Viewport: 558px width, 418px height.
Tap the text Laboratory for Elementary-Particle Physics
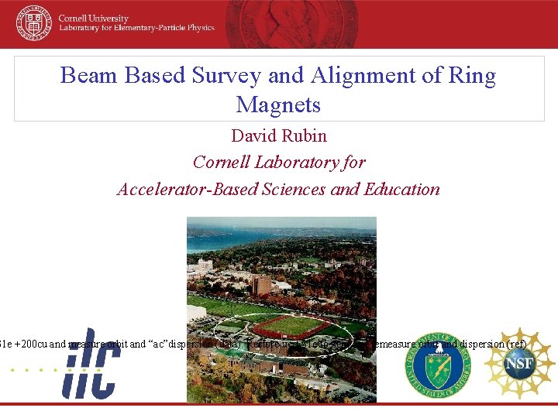click(x=136, y=29)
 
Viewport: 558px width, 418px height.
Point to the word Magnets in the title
click(x=278, y=104)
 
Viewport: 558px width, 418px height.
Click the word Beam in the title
click(x=86, y=76)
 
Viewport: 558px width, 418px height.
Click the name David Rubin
click(x=279, y=136)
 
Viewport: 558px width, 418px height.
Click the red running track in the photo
click(x=289, y=326)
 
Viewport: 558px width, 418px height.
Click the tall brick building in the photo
click(x=260, y=285)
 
